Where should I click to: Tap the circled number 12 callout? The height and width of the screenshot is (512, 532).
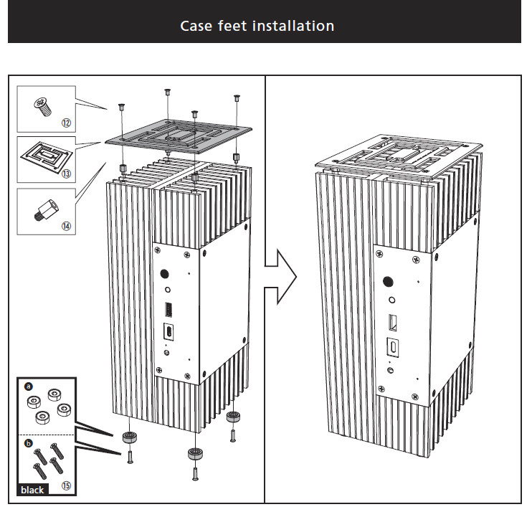[66, 123]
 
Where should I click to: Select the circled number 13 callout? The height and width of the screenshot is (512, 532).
[66, 174]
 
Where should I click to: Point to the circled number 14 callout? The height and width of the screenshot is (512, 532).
[66, 226]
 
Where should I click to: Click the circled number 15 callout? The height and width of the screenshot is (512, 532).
[66, 486]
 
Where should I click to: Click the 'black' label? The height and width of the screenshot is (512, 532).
[32, 490]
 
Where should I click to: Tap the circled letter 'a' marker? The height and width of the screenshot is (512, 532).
[29, 385]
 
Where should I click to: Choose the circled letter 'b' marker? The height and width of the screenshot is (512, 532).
[29, 444]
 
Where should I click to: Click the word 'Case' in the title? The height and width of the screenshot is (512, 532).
[196, 27]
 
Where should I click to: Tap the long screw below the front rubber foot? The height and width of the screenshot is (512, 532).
[194, 473]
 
